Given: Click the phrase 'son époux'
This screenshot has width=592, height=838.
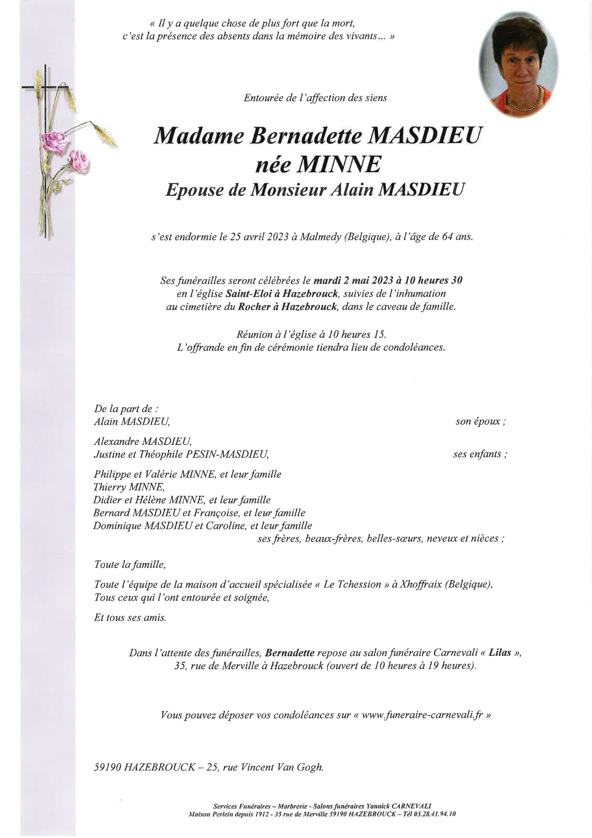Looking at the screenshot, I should click(x=480, y=421).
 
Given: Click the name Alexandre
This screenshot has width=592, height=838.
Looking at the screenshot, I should click(x=116, y=441).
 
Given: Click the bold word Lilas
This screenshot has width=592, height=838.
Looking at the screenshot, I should click(x=500, y=652).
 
